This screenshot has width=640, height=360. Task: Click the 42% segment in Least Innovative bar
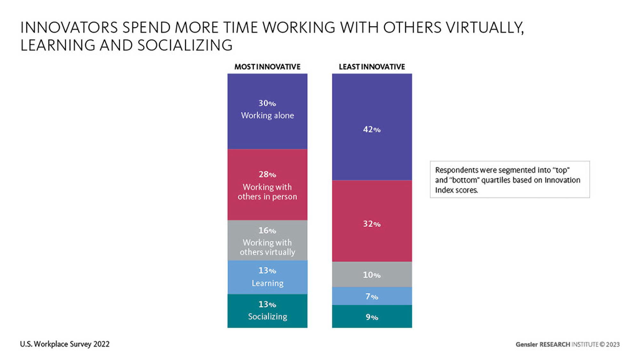[372, 127]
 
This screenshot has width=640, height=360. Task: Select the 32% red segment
[372, 221]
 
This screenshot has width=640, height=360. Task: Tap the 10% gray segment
[372, 275]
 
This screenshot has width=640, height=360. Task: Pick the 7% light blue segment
[372, 296]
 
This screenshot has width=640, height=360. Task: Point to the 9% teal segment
[372, 317]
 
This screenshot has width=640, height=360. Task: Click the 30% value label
[267, 103]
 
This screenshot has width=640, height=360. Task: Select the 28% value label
[267, 174]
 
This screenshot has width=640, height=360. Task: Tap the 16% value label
[267, 230]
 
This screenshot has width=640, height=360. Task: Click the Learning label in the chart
[268, 283]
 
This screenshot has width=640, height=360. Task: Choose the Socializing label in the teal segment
[268, 316]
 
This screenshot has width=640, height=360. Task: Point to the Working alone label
[268, 115]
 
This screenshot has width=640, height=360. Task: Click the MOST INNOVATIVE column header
[267, 67]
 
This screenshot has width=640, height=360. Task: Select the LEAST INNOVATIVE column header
[372, 67]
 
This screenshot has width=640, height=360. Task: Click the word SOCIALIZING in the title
[185, 45]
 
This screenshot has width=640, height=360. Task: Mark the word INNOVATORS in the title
[69, 28]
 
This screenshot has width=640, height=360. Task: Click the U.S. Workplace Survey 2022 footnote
[65, 344]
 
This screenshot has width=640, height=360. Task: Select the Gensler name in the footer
[526, 345]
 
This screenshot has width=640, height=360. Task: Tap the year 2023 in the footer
[613, 345]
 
